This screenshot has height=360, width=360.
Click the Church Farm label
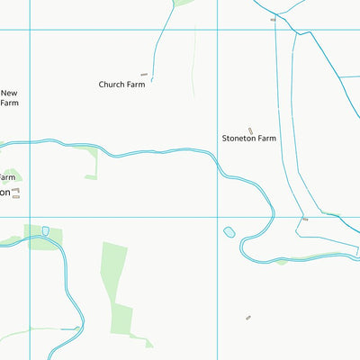[x=122, y=85]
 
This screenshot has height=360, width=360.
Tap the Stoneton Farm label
[x=249, y=139]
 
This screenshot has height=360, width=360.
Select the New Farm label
[x=9, y=97]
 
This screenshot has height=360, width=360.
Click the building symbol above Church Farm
[x=143, y=75]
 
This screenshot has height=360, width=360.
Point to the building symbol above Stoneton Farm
[x=250, y=130]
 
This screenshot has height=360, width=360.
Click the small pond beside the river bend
[x=229, y=231]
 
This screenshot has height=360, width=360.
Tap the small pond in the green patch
[x=45, y=231]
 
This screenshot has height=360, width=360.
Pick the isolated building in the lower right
[x=248, y=317]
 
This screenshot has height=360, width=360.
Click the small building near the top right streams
[x=273, y=18]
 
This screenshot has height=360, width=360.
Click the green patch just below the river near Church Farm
[x=91, y=164]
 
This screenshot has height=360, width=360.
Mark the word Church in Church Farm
[x=112, y=85]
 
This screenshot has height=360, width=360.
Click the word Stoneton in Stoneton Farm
[x=238, y=139]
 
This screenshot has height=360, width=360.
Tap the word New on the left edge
[x=9, y=93]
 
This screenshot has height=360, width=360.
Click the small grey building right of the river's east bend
[x=305, y=219]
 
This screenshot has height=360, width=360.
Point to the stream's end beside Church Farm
[x=153, y=80]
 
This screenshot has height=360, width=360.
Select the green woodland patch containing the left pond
[x=45, y=238]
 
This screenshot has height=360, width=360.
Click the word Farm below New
[x=9, y=103]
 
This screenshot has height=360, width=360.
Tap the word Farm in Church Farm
[x=138, y=85]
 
